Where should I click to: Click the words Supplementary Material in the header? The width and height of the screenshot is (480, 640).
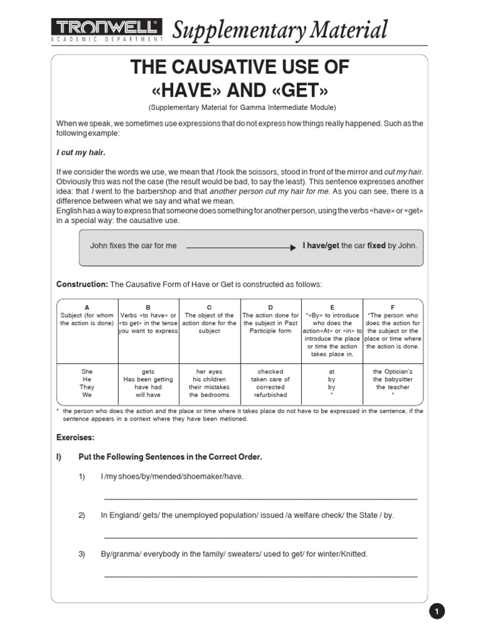pyautogui.click(x=279, y=29)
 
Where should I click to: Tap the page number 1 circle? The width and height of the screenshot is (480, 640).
pyautogui.click(x=437, y=611)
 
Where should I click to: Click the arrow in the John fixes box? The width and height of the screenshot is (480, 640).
pyautogui.click(x=241, y=247)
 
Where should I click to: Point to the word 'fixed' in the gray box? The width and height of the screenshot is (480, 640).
pyautogui.click(x=376, y=246)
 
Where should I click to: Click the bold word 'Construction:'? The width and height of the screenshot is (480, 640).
pyautogui.click(x=82, y=284)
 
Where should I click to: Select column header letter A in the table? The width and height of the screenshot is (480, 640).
pyautogui.click(x=87, y=307)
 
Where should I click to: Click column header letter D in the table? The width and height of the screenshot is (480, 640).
pyautogui.click(x=271, y=307)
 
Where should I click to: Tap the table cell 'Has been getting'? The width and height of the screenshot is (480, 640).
pyautogui.click(x=148, y=379)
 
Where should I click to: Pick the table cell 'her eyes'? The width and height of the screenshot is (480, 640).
pyautogui.click(x=209, y=371)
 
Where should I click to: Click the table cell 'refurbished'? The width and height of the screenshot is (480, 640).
pyautogui.click(x=271, y=395)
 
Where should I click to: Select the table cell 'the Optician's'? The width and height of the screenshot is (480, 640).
pyautogui.click(x=392, y=371)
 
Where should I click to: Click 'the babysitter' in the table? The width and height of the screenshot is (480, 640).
pyautogui.click(x=392, y=379)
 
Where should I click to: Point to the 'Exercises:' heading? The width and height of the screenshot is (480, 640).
pyautogui.click(x=76, y=437)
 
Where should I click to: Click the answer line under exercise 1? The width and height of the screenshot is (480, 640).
pyautogui.click(x=260, y=498)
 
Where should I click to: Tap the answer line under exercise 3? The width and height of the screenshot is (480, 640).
pyautogui.click(x=260, y=575)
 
